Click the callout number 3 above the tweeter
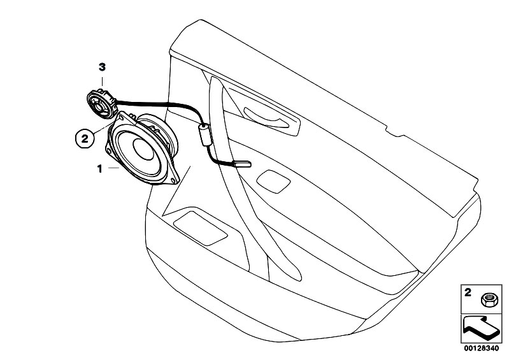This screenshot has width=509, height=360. pyautogui.click(x=103, y=68)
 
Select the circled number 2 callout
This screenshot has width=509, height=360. pyautogui.click(x=84, y=139)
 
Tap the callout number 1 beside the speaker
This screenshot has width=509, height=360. pyautogui.click(x=100, y=169)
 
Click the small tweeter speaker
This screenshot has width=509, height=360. pyautogui.click(x=101, y=104)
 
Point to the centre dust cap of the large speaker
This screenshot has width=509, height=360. pyautogui.click(x=143, y=149)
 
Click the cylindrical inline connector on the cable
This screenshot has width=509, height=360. pyautogui.click(x=204, y=134)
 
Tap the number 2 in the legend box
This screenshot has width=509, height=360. pyautogui.click(x=468, y=292)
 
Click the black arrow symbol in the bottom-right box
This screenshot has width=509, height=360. pyautogui.click(x=480, y=328)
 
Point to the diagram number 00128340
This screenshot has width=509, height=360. pyautogui.click(x=481, y=349)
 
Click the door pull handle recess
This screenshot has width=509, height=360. pyautogui.click(x=272, y=119)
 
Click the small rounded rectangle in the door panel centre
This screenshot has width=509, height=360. pyautogui.click(x=273, y=181)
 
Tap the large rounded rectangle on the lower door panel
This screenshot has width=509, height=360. pyautogui.click(x=200, y=228)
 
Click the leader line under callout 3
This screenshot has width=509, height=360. pyautogui.click(x=103, y=82)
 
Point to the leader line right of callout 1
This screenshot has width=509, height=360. pyautogui.click(x=114, y=168)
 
